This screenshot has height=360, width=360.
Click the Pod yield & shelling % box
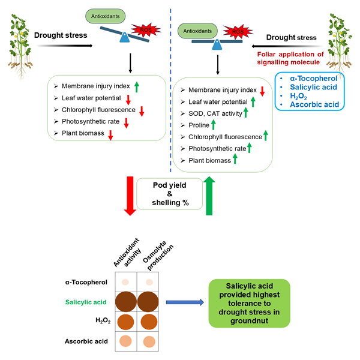[169, 194]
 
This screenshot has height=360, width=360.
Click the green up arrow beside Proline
[214, 125]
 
